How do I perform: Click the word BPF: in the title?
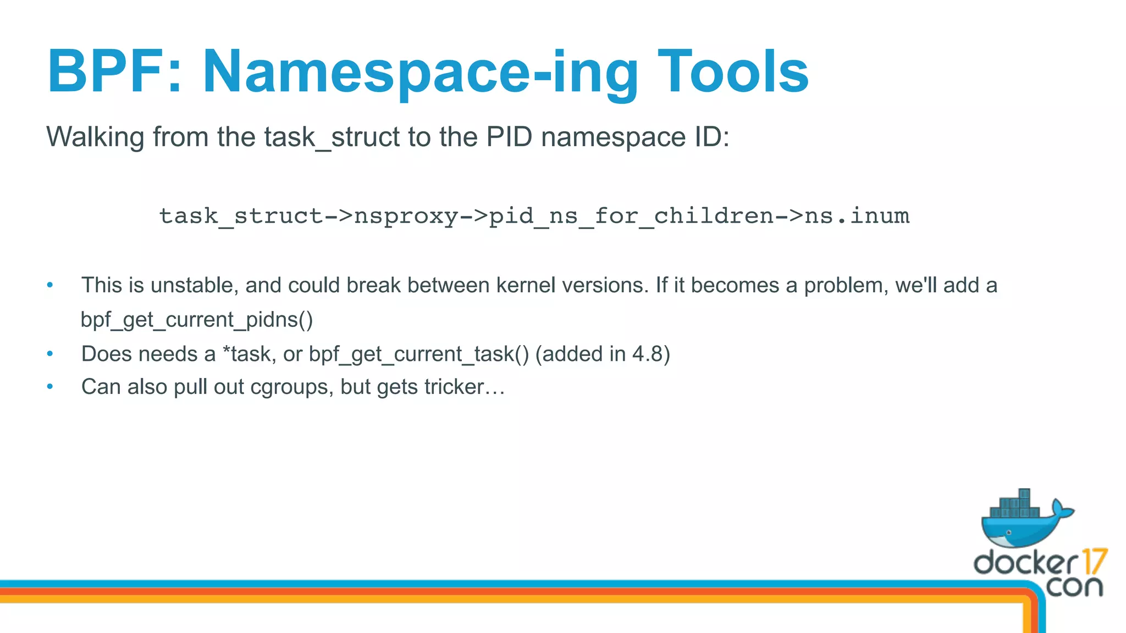114,71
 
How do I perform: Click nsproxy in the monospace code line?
406,216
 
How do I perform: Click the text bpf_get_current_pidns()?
197,320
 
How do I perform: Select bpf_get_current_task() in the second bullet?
419,354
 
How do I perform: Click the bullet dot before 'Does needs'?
50,354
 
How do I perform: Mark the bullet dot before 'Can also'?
50,387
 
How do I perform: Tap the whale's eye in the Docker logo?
1008,532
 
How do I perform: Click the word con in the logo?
1074,587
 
